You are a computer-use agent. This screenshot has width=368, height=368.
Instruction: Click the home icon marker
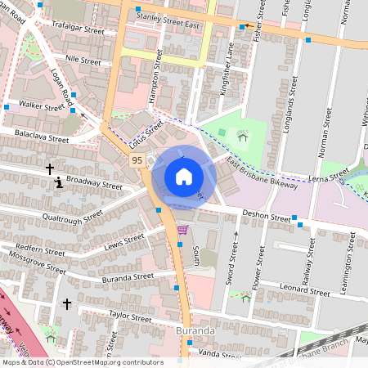click(x=184, y=177)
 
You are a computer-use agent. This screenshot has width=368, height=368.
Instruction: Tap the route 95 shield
click(x=137, y=161)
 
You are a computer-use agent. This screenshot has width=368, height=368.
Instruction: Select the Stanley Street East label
click(x=168, y=20)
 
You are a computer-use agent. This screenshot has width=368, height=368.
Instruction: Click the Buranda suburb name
click(x=195, y=330)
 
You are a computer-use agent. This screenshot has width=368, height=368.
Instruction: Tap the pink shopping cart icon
click(x=182, y=230)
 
